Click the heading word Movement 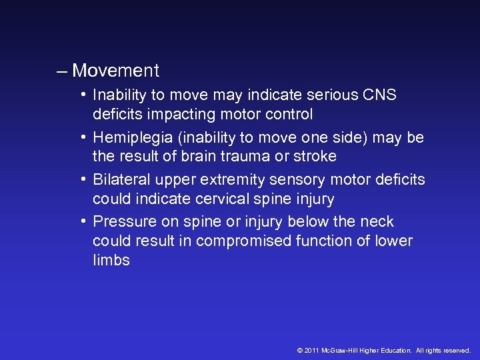point(116,71)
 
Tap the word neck point(378,222)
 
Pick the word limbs point(111,261)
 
